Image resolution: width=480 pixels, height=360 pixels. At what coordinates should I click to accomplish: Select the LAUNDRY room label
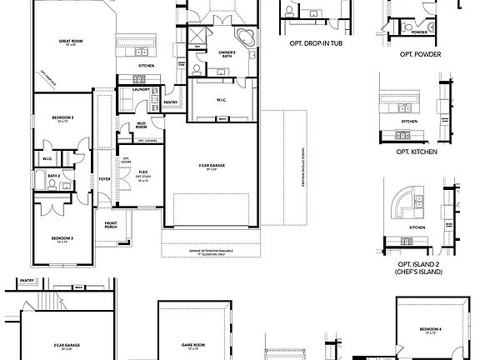(x=140, y=88)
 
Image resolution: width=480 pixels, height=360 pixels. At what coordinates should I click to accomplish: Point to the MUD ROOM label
(x=142, y=126)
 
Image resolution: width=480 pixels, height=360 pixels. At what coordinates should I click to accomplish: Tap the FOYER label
(x=104, y=179)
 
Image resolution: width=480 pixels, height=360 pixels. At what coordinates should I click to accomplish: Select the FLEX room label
(x=143, y=172)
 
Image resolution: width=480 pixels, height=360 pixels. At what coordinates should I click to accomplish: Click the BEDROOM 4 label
(x=430, y=330)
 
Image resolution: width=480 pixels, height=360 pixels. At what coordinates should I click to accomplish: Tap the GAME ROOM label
(x=192, y=342)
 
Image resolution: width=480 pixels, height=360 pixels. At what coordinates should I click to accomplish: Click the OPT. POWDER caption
(x=420, y=54)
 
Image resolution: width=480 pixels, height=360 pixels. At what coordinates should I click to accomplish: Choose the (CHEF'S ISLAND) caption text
(x=419, y=272)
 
